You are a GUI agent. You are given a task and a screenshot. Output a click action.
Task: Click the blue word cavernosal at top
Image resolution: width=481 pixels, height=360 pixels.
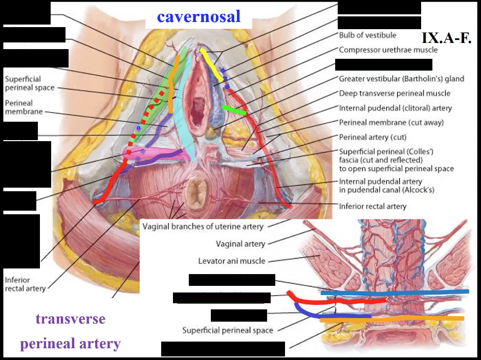point(199,17)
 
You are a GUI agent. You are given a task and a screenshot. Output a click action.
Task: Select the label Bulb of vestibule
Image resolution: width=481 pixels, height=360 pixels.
point(367,35)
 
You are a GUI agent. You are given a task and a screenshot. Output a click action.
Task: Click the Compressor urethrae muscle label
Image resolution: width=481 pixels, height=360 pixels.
point(388,50)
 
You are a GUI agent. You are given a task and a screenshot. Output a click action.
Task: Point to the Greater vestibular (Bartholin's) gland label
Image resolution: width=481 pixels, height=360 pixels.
point(401,79)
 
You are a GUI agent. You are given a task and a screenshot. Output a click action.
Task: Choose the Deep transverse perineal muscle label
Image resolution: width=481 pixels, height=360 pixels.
point(395,93)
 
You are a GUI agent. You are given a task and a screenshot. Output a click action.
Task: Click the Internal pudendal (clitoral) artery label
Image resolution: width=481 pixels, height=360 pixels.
point(396,108)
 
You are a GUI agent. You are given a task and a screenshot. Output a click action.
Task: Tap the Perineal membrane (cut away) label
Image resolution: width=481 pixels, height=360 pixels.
point(391,123)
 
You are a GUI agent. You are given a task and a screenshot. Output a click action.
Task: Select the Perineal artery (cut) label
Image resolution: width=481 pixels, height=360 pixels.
point(373,137)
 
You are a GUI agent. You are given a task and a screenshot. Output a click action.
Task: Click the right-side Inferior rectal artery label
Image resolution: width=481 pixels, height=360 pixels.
point(373,207)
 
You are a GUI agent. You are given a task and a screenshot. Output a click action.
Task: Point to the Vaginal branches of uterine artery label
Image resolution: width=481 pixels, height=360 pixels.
point(203,226)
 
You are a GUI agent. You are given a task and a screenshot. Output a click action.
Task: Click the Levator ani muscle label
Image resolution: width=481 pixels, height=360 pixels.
point(232,261)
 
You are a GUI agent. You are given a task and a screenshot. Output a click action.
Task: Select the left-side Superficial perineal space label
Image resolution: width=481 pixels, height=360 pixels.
point(23,83)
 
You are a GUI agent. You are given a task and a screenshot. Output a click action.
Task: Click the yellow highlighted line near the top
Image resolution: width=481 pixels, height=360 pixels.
point(211,64)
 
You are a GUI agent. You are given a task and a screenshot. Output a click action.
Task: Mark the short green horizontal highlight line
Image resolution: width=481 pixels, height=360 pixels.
point(234,109)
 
